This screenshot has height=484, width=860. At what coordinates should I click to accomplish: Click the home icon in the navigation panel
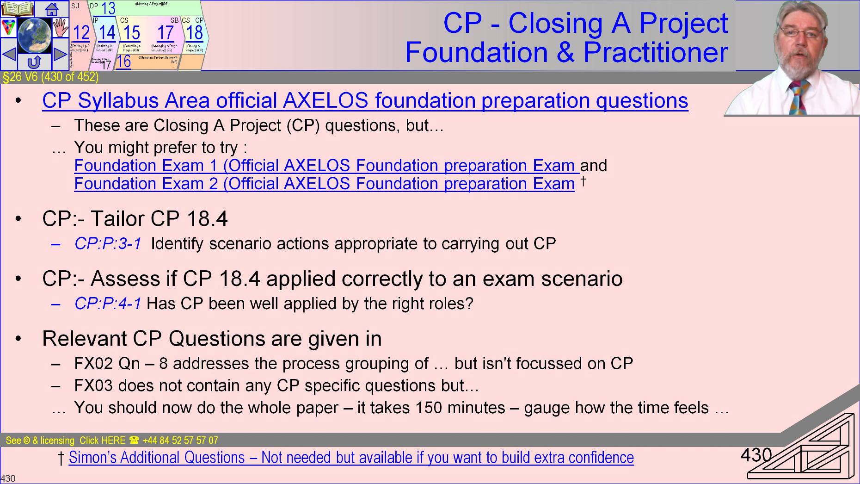click(51, 9)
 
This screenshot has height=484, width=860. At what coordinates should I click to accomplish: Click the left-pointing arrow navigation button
click(9, 54)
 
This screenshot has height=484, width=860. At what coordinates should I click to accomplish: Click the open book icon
click(18, 9)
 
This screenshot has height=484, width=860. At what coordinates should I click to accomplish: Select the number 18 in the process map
click(195, 33)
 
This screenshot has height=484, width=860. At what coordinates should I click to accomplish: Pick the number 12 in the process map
click(81, 33)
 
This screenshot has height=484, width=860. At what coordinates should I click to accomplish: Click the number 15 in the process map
click(131, 33)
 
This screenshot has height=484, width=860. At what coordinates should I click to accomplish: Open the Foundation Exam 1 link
click(324, 166)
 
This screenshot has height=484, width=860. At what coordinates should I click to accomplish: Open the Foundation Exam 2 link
click(324, 184)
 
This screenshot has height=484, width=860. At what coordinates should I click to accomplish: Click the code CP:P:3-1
click(108, 244)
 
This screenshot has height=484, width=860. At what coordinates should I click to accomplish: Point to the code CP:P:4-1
click(108, 304)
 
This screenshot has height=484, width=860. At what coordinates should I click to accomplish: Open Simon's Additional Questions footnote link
click(351, 458)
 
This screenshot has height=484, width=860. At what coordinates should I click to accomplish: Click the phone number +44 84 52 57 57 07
click(180, 441)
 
